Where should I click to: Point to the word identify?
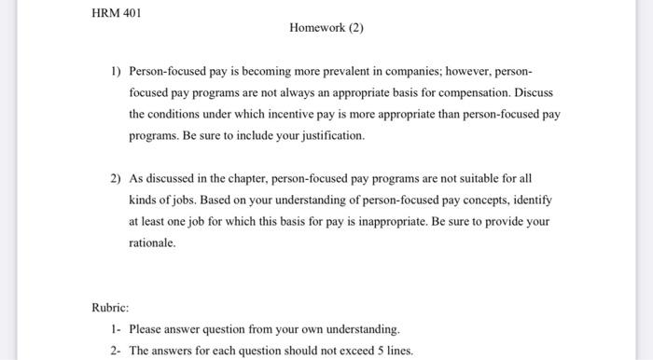[x=532, y=200]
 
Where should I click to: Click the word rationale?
[x=151, y=242]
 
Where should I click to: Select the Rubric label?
[x=110, y=307]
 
